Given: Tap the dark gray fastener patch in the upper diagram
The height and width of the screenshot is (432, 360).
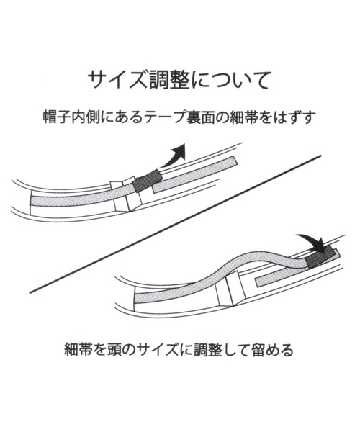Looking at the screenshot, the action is coord(147,181).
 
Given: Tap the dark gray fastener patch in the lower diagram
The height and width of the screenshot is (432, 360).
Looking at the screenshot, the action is coord(320,257).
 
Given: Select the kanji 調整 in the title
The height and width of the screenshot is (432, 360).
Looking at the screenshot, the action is coord(169,81).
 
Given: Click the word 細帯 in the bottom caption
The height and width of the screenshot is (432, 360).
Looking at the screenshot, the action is coord(78,350).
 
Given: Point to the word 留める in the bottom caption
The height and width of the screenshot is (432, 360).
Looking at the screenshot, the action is coord(272,350).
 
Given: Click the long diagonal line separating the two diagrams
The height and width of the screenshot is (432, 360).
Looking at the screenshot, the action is coord(175,224).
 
